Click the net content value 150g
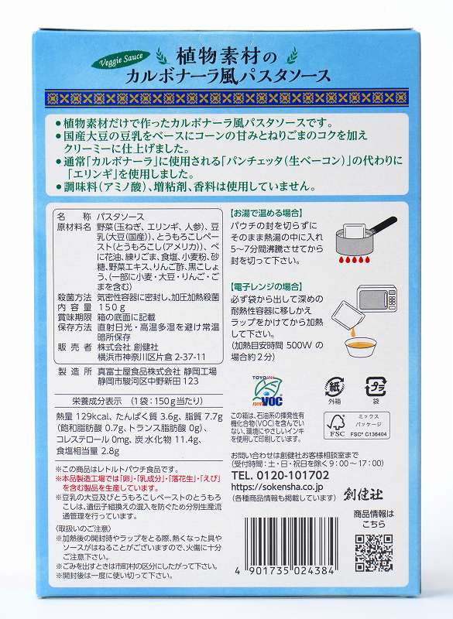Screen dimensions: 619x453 click(125, 306)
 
